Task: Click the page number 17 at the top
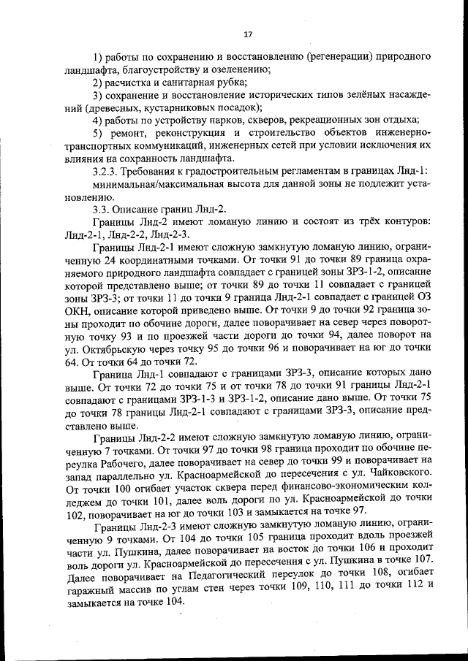(x=247, y=34)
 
